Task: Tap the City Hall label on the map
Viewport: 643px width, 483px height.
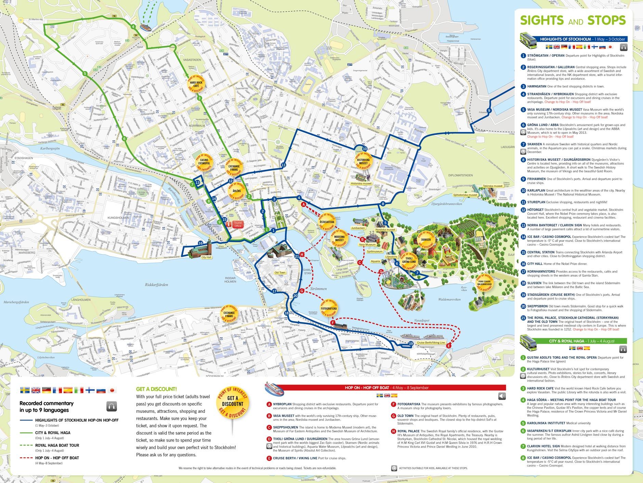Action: (206, 257)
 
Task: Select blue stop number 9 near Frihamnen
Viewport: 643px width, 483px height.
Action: (489, 110)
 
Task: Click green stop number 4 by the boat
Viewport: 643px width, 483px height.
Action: (133, 27)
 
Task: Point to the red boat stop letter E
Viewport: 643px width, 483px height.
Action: (449, 346)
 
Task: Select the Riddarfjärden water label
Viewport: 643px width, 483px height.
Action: (156, 284)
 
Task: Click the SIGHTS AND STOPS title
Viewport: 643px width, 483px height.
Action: (573, 21)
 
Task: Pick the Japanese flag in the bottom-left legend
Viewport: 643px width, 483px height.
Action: (111, 390)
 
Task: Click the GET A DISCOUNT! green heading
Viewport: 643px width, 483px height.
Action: (156, 389)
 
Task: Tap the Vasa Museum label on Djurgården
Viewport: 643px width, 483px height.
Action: (367, 245)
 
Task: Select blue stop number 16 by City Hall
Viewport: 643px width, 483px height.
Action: (200, 243)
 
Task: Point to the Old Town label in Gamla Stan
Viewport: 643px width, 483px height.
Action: (280, 273)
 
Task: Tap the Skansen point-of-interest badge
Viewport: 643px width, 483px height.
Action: (426, 239)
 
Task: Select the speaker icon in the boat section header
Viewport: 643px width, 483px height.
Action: (502, 396)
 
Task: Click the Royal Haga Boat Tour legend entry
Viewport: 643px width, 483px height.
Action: (57, 445)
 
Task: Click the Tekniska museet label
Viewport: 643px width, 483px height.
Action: (493, 186)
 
